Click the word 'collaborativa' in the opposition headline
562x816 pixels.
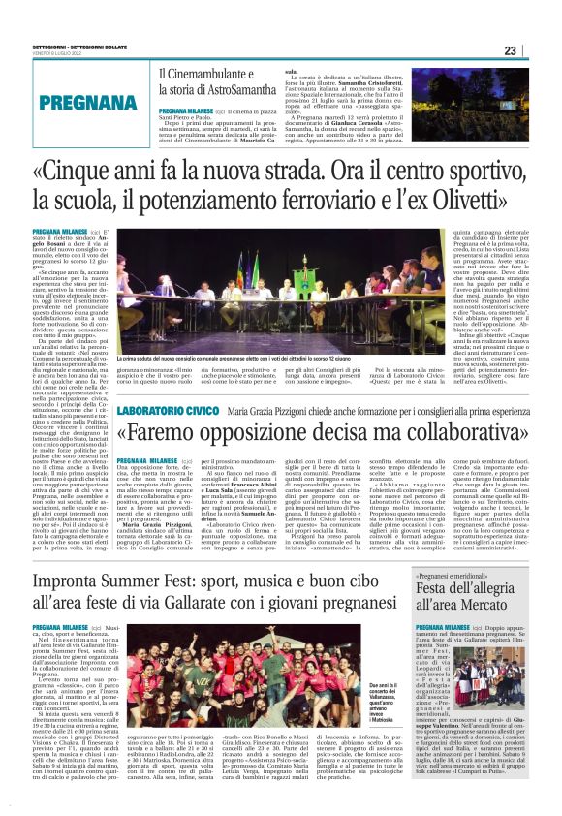421,431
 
